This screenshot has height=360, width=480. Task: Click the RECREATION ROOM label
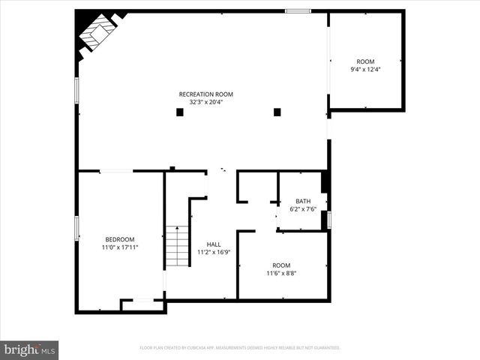point(205,94)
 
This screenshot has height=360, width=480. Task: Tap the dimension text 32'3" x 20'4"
point(205,102)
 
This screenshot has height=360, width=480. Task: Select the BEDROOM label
point(120,239)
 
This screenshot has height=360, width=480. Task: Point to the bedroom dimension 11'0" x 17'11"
point(120,247)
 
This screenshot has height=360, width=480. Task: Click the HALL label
point(213,244)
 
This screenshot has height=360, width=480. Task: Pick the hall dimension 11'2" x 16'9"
point(213,252)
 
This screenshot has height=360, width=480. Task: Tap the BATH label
point(303,201)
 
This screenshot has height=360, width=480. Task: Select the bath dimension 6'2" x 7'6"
point(303,208)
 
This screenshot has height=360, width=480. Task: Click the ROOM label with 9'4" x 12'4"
point(365,61)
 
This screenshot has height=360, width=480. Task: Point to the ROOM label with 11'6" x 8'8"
point(281,265)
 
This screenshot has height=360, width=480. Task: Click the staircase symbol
point(177,246)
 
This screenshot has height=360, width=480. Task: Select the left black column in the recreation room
point(179,112)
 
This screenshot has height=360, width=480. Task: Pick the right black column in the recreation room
point(277,112)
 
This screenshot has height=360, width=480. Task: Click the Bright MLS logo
point(29,349)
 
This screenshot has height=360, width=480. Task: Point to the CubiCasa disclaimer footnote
point(240,348)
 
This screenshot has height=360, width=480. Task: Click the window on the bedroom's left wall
point(76,228)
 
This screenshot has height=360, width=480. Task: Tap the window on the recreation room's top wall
point(298,11)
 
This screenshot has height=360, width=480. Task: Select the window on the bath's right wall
point(328,220)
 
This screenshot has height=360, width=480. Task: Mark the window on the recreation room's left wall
point(76,89)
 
